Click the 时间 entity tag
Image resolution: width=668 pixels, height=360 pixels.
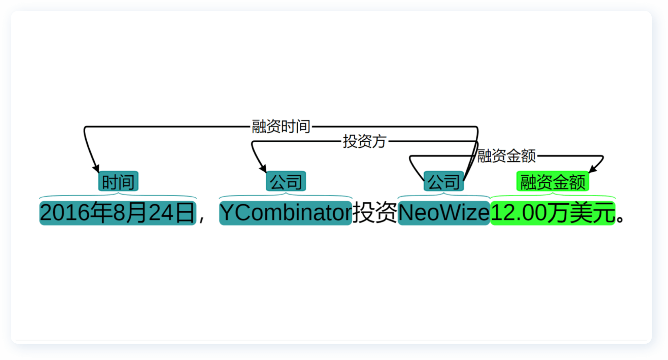coord(118,182)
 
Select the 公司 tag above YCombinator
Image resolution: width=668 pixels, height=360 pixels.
coord(286,182)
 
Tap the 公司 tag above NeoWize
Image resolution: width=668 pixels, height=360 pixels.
coord(443,182)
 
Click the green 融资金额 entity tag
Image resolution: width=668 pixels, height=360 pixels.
coord(552,182)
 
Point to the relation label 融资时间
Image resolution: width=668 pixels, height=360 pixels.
coord(281,127)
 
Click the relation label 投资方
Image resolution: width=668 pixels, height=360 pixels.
coord(365,141)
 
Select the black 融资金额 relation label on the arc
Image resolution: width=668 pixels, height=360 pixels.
coord(506,156)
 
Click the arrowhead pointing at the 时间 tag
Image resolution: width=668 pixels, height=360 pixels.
coord(96,168)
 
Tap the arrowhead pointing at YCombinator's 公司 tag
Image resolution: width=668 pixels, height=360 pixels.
coord(263,168)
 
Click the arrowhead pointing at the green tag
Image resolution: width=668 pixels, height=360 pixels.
coord(593,169)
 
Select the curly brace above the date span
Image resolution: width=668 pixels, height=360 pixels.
coord(118,196)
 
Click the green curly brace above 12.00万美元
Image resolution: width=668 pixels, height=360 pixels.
coord(552,196)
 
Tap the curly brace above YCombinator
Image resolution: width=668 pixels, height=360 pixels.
coord(285,196)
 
